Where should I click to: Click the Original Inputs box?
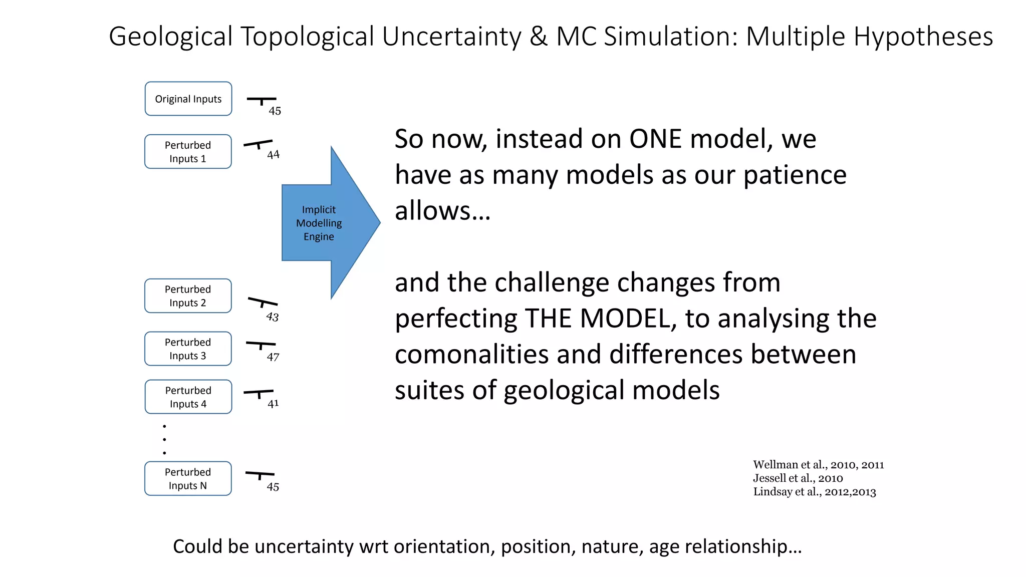[188, 99]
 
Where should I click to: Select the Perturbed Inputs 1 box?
[188, 152]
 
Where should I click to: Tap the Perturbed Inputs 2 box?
[188, 296]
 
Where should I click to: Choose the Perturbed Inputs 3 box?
[188, 349]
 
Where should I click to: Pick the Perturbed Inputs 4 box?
[188, 397]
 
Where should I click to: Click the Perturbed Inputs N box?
[188, 479]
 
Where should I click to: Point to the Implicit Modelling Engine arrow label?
[319, 223]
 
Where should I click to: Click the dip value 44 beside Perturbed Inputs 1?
[273, 155]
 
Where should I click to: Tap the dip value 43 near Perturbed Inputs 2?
[272, 317]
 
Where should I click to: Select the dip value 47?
[273, 357]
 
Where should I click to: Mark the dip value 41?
[273, 404]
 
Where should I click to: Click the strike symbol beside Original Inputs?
[261, 100]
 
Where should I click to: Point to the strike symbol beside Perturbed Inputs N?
[260, 474]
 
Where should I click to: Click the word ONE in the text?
[655, 139]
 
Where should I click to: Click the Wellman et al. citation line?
[818, 465]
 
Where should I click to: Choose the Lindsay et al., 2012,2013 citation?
[814, 492]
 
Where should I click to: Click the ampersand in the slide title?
[538, 37]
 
